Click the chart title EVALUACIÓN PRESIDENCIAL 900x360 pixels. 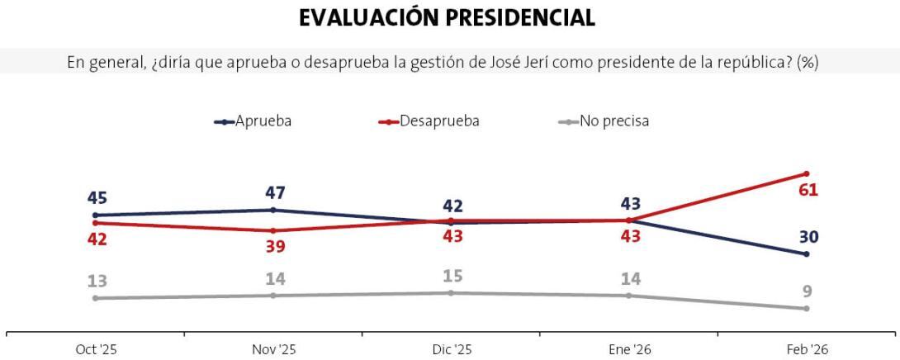[447, 18]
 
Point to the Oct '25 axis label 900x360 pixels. [96, 349]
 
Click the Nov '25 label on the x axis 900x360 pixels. [273, 349]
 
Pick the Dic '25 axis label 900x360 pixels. [451, 349]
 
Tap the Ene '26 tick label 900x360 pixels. [629, 349]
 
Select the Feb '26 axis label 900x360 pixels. [807, 349]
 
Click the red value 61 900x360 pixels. [808, 191]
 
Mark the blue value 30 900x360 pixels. [808, 237]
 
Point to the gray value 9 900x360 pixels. [807, 291]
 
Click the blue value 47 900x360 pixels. [275, 193]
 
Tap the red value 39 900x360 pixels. [275, 246]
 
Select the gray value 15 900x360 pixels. [452, 276]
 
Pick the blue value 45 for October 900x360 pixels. [97, 198]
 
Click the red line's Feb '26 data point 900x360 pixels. [806, 173]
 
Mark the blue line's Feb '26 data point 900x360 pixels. [806, 253]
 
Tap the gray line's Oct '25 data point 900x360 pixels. [96, 298]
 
